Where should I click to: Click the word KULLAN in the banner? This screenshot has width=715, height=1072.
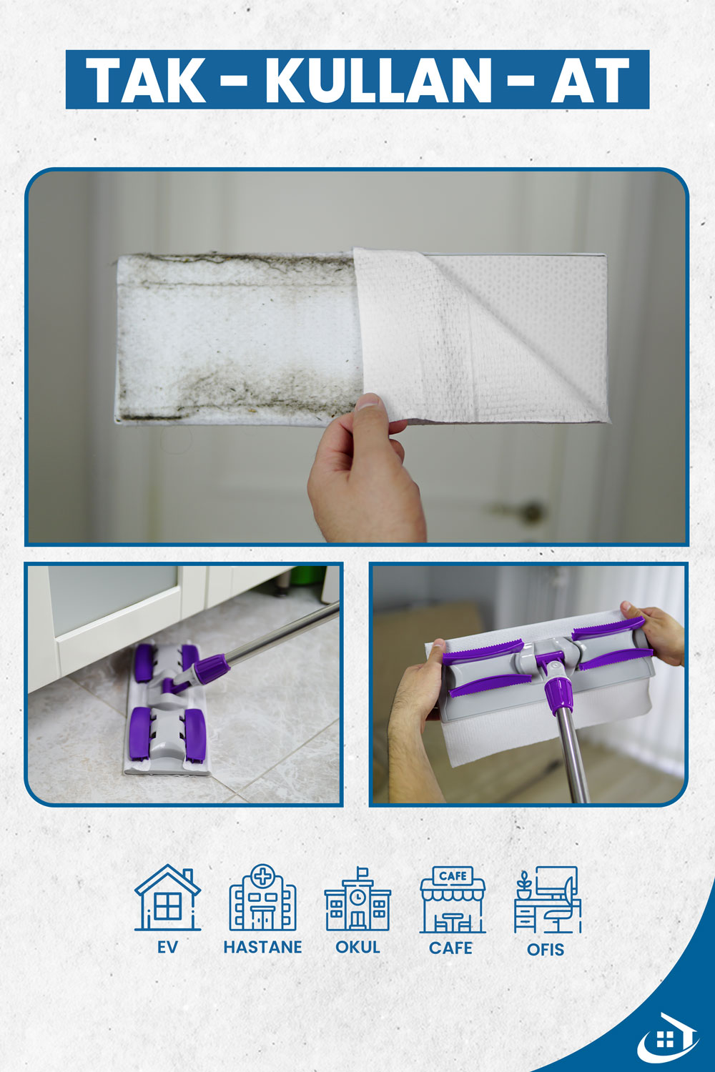(378, 80)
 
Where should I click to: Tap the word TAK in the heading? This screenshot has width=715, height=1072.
(146, 80)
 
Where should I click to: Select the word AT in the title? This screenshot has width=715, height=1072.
(590, 80)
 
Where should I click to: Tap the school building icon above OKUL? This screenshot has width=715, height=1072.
(357, 899)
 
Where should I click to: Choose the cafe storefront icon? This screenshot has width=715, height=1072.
(453, 899)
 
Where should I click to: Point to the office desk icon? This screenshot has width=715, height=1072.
(548, 900)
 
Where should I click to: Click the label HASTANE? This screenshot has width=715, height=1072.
(262, 947)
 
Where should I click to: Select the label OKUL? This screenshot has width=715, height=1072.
(357, 947)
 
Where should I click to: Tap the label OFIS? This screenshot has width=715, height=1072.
(546, 950)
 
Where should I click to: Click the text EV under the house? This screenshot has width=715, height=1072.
(167, 947)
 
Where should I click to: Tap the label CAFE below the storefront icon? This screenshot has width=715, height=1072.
(450, 948)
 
